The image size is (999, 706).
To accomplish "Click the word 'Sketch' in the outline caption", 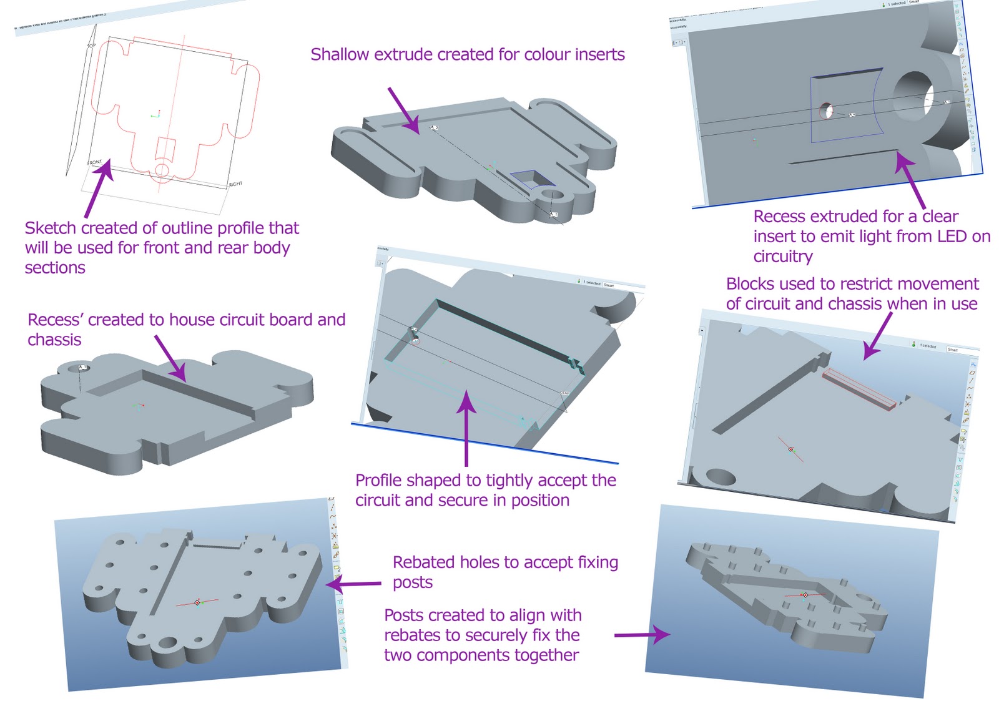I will (50, 228).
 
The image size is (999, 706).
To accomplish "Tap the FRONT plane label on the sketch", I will (94, 163).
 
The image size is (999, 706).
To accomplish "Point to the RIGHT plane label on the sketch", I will (235, 184).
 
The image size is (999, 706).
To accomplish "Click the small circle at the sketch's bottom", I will (162, 170).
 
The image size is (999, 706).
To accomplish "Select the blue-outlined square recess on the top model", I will (532, 179).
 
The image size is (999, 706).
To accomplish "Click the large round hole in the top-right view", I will (914, 94).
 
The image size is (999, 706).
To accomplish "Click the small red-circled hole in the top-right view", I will (826, 112).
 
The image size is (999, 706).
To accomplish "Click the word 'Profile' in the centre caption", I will (378, 481).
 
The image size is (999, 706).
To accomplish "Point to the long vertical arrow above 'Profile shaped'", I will (466, 431).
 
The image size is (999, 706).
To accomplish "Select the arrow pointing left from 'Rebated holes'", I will (353, 584).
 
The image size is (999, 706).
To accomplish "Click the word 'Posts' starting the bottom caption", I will (403, 615).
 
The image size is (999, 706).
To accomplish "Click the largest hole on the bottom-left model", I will (167, 643).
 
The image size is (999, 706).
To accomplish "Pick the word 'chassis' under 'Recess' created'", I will (54, 340).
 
